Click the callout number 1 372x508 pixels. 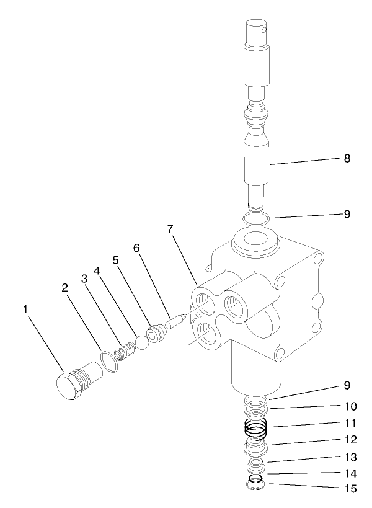click(x=26, y=308)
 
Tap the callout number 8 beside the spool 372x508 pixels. click(x=347, y=159)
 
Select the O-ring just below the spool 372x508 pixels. click(x=255, y=218)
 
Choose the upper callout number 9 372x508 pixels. click(x=347, y=215)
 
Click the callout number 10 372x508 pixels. click(x=350, y=408)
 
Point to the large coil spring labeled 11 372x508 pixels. click(x=255, y=428)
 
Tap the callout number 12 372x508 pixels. click(x=350, y=441)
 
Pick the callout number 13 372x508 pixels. click(x=350, y=458)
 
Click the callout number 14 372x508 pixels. click(x=350, y=473)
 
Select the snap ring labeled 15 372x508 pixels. click(x=255, y=485)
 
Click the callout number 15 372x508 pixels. click(x=350, y=489)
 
